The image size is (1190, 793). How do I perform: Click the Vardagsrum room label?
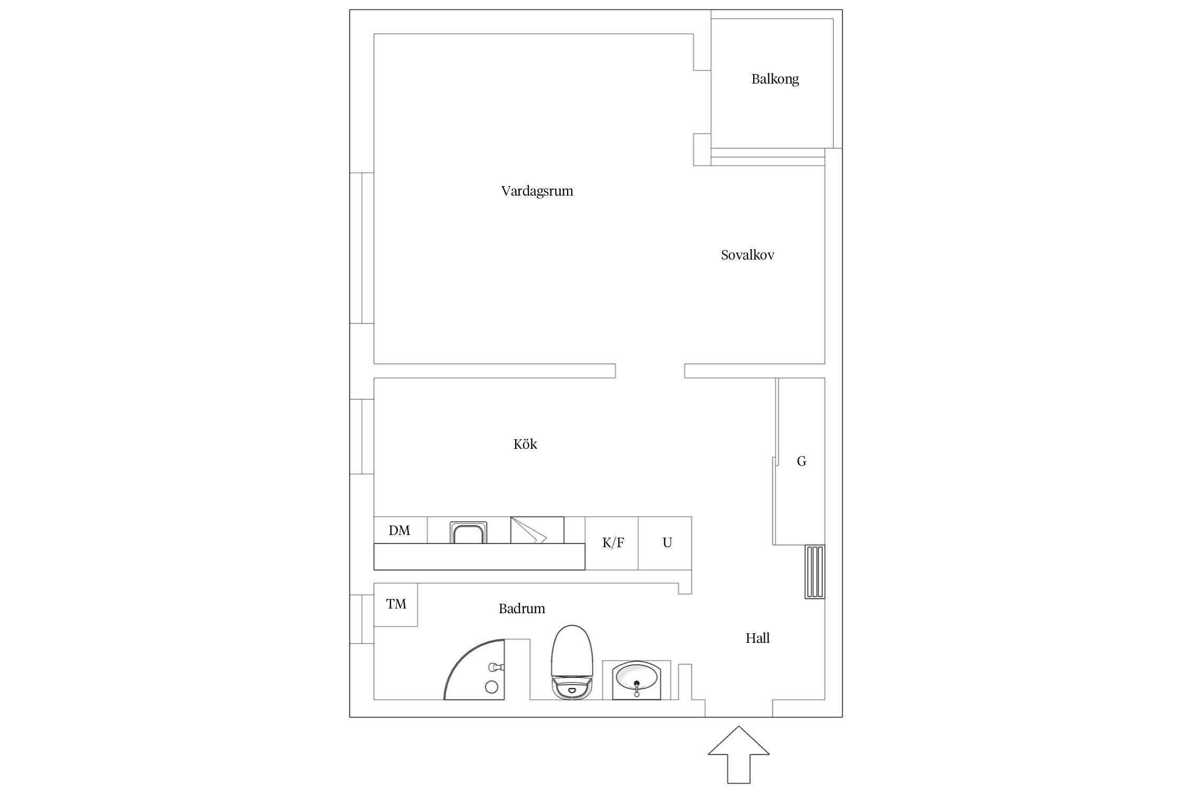coord(537,191)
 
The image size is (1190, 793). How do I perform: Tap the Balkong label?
coord(775,79)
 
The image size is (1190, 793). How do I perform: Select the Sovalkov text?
coord(747,255)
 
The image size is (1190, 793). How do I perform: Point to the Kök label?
coord(525,444)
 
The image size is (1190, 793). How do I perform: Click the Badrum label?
coord(521,608)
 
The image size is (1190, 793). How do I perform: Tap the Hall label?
coord(757,638)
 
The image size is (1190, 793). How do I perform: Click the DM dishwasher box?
coord(400,530)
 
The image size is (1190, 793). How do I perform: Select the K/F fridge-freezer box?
coord(612,543)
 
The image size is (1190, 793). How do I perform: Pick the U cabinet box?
coord(665,543)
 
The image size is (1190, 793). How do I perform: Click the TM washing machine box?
coord(396,604)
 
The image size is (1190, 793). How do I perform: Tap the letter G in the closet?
coord(801,462)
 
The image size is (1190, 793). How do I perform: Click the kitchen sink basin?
coord(468,532)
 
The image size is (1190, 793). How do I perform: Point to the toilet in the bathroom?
coord(572,662)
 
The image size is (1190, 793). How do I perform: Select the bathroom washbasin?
coord(636,680)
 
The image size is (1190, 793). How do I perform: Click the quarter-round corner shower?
coord(474,669)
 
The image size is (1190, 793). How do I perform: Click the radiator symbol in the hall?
coord(814,571)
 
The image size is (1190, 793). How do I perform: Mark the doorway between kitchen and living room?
coord(650,371)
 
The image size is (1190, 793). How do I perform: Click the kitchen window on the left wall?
coord(362,437)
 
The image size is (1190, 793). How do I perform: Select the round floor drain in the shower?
coord(491,687)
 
